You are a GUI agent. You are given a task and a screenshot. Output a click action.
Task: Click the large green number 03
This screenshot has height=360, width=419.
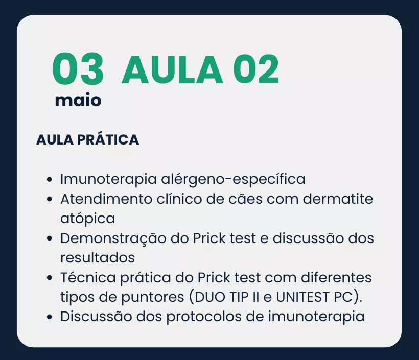pyautogui.click(x=78, y=68)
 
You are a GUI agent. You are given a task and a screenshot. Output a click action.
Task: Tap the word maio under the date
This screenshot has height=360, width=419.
pyautogui.click(x=78, y=100)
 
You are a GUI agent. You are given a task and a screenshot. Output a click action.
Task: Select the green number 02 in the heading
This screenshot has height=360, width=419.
pyautogui.click(x=256, y=69)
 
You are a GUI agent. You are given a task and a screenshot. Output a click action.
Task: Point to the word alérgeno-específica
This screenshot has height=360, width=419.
pyautogui.click(x=233, y=179)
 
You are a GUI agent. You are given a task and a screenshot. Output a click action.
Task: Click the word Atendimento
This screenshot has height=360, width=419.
pyautogui.click(x=106, y=199)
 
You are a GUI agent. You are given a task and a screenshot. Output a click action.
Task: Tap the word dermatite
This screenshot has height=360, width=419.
pyautogui.click(x=338, y=199)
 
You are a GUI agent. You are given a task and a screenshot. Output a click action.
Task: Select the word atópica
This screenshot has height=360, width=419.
pyautogui.click(x=88, y=219)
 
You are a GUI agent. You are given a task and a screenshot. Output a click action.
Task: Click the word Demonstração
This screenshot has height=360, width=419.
pyautogui.click(x=113, y=238)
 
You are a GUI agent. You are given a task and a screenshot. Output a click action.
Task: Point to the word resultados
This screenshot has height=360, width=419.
pyautogui.click(x=98, y=258)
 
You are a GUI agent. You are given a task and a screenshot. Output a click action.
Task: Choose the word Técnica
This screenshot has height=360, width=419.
pyautogui.click(x=88, y=277)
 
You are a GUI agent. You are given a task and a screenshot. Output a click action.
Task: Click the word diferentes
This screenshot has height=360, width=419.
pyautogui.click(x=336, y=278)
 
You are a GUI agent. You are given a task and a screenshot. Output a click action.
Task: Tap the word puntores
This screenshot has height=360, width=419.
pyautogui.click(x=153, y=297)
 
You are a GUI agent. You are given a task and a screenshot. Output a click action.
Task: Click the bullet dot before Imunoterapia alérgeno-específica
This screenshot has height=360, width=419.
pyautogui.click(x=49, y=179)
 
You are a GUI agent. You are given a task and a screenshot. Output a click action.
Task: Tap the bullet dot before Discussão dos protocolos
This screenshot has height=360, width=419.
pyautogui.click(x=49, y=317)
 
